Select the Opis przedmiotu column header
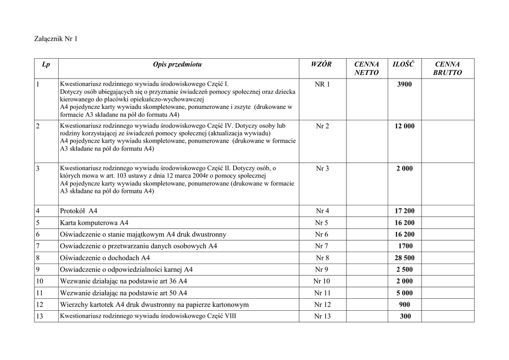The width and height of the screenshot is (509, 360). click(x=177, y=64)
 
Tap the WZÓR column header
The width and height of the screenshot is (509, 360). click(x=321, y=64)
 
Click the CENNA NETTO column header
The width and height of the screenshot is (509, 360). click(x=366, y=69)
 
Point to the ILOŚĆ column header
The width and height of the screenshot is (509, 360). click(x=404, y=64)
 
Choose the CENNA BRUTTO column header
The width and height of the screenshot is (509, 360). click(x=447, y=69)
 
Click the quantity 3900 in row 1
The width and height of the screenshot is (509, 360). click(x=404, y=85)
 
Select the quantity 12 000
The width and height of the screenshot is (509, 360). click(x=404, y=126)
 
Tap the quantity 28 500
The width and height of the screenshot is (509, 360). click(x=404, y=258)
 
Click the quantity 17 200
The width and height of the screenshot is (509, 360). click(x=404, y=211)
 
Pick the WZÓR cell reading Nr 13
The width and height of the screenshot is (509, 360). click(x=322, y=316)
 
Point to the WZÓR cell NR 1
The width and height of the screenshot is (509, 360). click(x=322, y=85)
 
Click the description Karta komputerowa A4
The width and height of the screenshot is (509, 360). click(x=94, y=223)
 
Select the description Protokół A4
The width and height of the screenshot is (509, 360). click(x=79, y=211)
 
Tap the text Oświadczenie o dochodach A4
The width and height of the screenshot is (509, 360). click(x=104, y=258)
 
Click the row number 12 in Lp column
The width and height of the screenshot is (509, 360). click(x=40, y=305)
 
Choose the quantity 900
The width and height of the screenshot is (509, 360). click(x=405, y=305)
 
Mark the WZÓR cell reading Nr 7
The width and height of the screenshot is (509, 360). click(x=322, y=246)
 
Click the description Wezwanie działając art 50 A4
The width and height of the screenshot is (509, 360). click(x=123, y=293)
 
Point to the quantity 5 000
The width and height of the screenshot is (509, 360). click(x=404, y=293)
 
